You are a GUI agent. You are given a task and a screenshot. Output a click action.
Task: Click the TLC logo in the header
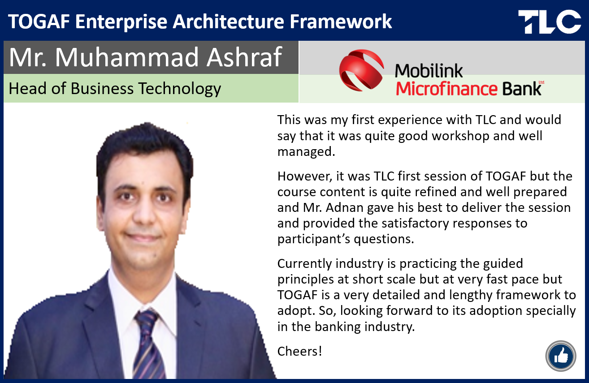pyautogui.click(x=550, y=22)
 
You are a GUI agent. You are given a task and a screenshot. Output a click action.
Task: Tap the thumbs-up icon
pyautogui.click(x=561, y=356)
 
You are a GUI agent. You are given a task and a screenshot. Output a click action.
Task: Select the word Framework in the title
pyautogui.click(x=341, y=22)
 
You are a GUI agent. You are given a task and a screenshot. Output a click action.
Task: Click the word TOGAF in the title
pyautogui.click(x=39, y=22)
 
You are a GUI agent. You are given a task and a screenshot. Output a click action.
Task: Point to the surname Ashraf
pyautogui.click(x=244, y=57)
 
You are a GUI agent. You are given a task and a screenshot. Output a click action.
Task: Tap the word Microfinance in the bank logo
pyautogui.click(x=446, y=89)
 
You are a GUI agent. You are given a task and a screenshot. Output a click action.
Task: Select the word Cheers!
pyautogui.click(x=299, y=351)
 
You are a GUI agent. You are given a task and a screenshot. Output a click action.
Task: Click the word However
pyautogui.click(x=305, y=176)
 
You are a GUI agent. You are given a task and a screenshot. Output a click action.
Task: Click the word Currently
pyautogui.click(x=304, y=264)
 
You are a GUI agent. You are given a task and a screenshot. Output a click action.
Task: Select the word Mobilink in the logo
pyautogui.click(x=429, y=71)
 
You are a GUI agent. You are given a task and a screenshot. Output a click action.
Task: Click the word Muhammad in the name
pyautogui.click(x=126, y=57)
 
